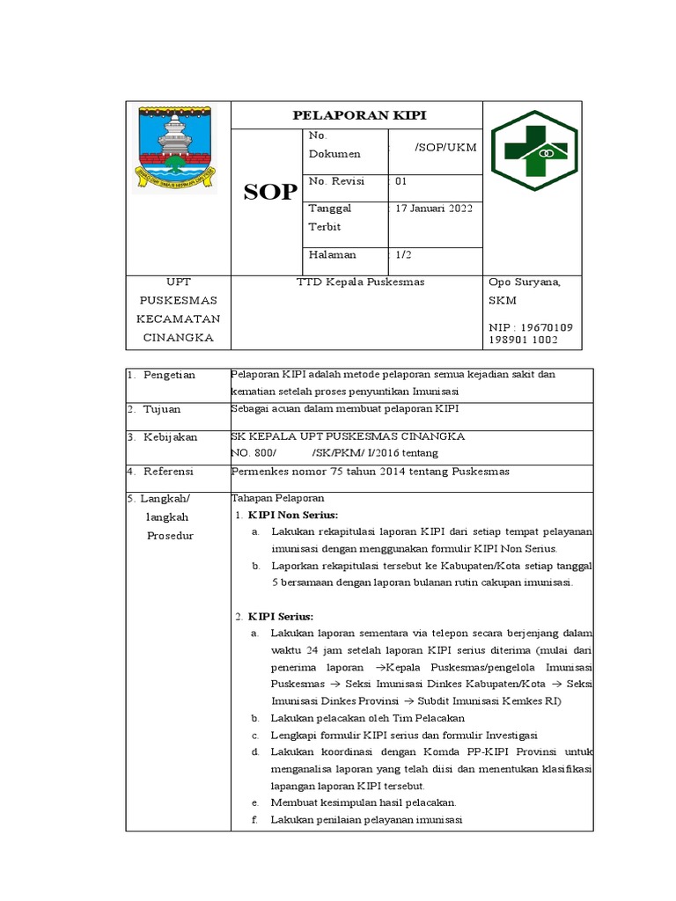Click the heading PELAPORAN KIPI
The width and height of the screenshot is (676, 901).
coord(357,115)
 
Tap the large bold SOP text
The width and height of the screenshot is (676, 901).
coord(270,193)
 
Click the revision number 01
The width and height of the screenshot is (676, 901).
coord(401,180)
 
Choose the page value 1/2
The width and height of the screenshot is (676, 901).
coord(403,254)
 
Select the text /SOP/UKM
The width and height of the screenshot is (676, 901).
coord(445,147)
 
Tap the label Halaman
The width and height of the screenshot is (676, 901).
coord(333,254)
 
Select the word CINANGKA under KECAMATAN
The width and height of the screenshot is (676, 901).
coord(179,338)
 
